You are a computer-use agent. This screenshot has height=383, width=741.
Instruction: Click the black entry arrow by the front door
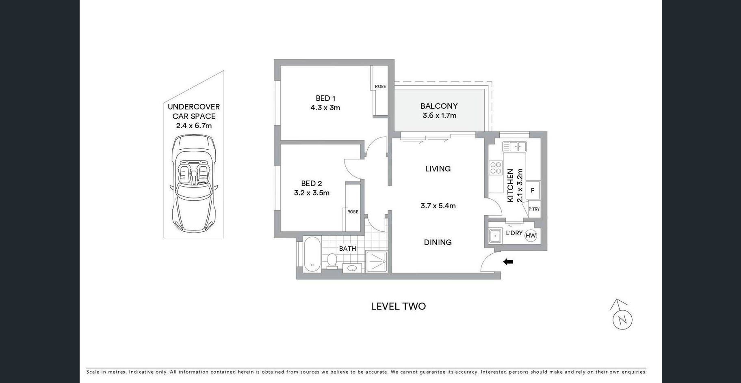coord(508,262)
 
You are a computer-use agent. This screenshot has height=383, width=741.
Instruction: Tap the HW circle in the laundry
coord(531,235)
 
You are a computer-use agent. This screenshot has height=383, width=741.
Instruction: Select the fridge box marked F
coord(533,190)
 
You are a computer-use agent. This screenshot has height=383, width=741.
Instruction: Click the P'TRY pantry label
coord(534,209)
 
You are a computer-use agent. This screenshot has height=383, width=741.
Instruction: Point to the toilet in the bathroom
coord(332,261)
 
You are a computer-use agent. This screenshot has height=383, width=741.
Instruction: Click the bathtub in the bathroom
coord(312,254)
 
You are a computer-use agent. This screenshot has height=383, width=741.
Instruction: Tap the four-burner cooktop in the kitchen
coord(496,168)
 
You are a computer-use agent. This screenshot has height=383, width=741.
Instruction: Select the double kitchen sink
coord(514,146)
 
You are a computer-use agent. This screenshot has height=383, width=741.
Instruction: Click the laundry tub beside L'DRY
coord(495,235)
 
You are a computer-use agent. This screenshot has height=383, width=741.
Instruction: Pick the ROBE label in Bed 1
coord(380,86)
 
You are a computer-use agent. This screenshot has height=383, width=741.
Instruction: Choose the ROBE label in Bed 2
coord(353,212)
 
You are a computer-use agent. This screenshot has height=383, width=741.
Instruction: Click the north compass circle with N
coord(622,320)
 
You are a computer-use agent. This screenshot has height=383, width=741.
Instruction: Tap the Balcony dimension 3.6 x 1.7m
coord(439,116)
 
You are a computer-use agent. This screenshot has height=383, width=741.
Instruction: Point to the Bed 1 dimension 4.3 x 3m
coord(325,108)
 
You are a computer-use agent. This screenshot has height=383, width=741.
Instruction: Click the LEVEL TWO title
coord(398,306)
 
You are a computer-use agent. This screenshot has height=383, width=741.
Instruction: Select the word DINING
coord(438,242)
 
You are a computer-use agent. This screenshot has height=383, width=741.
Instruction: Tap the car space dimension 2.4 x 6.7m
coord(194,126)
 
